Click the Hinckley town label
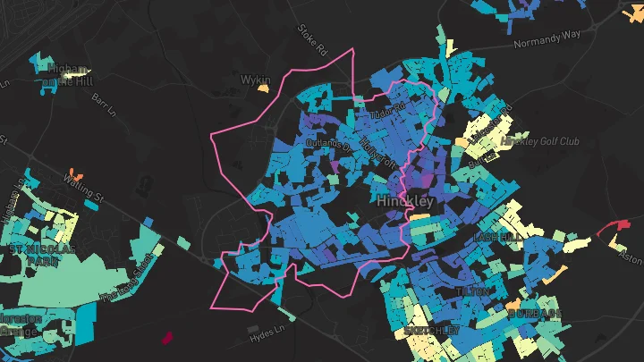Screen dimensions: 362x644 405,201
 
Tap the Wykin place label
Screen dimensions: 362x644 255,80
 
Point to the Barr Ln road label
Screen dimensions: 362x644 104,103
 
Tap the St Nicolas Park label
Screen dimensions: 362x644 42,256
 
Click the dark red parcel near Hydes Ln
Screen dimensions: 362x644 165,337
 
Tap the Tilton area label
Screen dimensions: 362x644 473,292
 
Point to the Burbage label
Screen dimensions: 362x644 535,314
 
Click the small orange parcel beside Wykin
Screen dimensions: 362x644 263,88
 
